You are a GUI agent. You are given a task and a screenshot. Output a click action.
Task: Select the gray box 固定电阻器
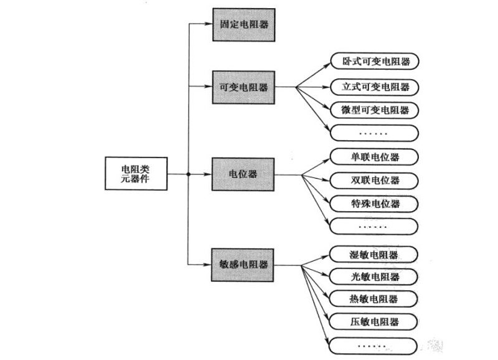[243, 24]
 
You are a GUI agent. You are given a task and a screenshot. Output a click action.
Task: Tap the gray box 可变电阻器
[243, 87]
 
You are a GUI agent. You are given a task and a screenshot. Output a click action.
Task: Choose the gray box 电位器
[243, 174]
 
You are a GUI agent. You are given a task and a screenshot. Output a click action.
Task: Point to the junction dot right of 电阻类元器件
[188, 174]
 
